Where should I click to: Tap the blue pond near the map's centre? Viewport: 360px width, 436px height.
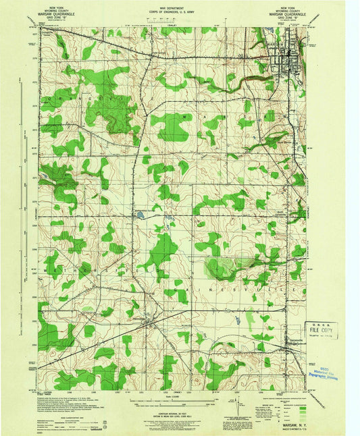pyautogui.click(x=140, y=216)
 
